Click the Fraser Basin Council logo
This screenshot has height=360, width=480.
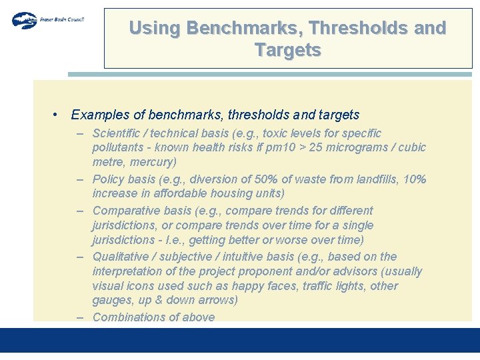47,19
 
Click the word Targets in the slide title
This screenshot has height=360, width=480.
287,50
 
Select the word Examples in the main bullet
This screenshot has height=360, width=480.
99,115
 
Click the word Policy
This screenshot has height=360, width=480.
109,179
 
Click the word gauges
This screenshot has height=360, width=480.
112,300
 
